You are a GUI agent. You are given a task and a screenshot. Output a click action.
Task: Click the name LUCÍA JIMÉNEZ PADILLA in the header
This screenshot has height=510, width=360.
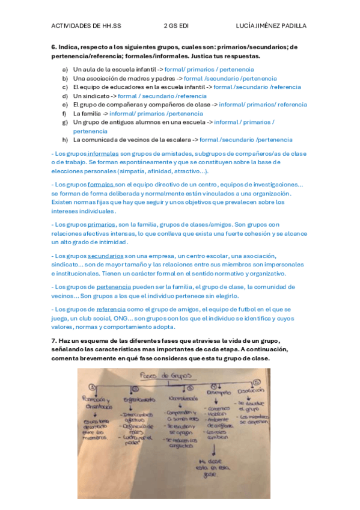pyautogui.click(x=272, y=26)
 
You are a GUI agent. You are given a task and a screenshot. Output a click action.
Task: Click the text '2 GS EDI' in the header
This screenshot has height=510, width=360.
pyautogui.click(x=175, y=26)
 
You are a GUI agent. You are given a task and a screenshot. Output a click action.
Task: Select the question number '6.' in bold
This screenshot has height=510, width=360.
pyautogui.click(x=54, y=46)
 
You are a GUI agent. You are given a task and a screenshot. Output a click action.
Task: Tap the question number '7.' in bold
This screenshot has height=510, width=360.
pyautogui.click(x=54, y=341)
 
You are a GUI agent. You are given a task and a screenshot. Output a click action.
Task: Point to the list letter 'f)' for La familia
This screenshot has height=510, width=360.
pyautogui.click(x=64, y=113)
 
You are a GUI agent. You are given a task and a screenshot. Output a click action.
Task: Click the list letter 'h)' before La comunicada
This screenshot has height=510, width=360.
pyautogui.click(x=64, y=140)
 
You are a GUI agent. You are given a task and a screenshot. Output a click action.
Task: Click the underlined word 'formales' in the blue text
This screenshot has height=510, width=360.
pyautogui.click(x=100, y=185)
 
